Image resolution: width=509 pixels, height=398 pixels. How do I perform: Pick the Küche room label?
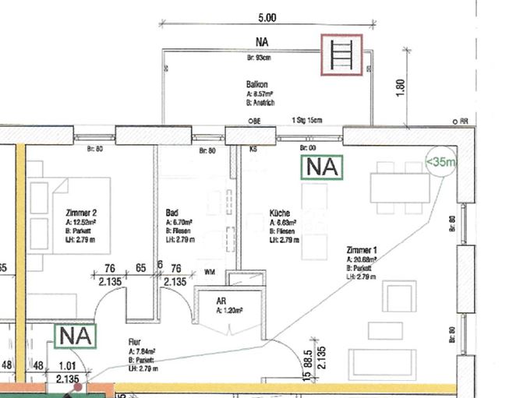pos(280,212)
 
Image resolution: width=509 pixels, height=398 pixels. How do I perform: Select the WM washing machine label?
pos(209,272)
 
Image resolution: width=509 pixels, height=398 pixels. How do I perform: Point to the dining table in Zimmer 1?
pos(399,187)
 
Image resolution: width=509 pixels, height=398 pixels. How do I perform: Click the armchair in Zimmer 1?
pos(401,297)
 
